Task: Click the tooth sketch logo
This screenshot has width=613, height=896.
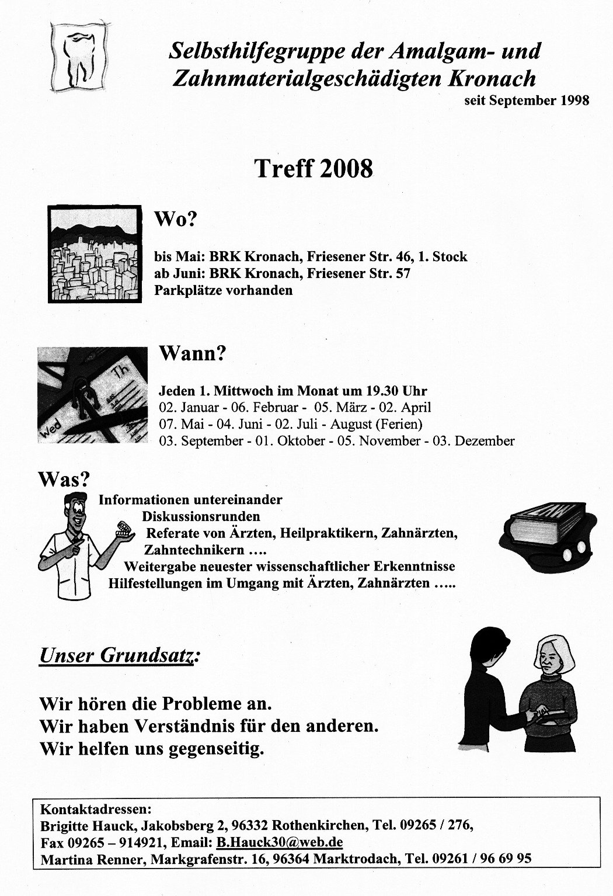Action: [79, 56]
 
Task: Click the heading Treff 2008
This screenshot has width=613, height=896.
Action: [314, 169]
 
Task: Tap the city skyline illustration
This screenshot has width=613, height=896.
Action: [95, 254]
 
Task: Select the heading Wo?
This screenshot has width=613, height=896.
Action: [176, 220]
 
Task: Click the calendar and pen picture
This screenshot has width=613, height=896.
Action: [92, 395]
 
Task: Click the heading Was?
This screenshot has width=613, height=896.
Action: [64, 480]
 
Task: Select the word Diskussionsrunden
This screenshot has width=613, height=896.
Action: [201, 516]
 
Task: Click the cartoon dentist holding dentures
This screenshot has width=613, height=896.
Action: [82, 543]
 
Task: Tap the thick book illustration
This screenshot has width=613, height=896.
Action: [547, 533]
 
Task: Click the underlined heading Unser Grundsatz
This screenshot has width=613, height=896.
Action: [116, 655]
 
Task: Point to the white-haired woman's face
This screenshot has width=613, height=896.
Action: [548, 658]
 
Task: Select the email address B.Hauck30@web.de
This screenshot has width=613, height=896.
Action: [279, 842]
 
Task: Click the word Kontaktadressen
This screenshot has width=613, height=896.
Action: [96, 810]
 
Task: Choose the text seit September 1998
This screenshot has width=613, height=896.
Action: [527, 100]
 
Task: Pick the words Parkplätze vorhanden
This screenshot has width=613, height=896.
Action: [224, 290]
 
